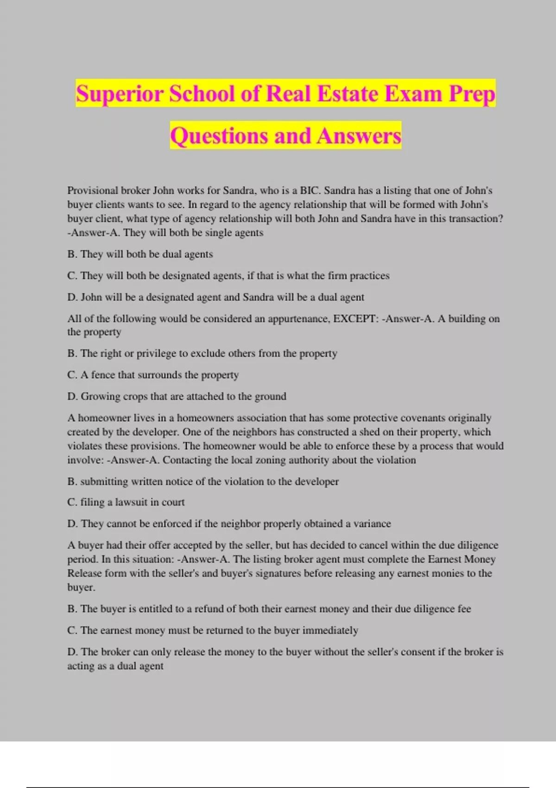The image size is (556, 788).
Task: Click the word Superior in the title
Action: point(119,94)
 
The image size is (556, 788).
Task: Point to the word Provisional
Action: point(92,191)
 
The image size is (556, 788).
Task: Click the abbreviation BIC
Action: point(310,191)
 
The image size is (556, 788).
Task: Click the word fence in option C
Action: point(103,375)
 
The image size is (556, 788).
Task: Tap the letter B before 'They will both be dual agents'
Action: point(71,254)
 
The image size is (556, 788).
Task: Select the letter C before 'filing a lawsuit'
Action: point(71,502)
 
